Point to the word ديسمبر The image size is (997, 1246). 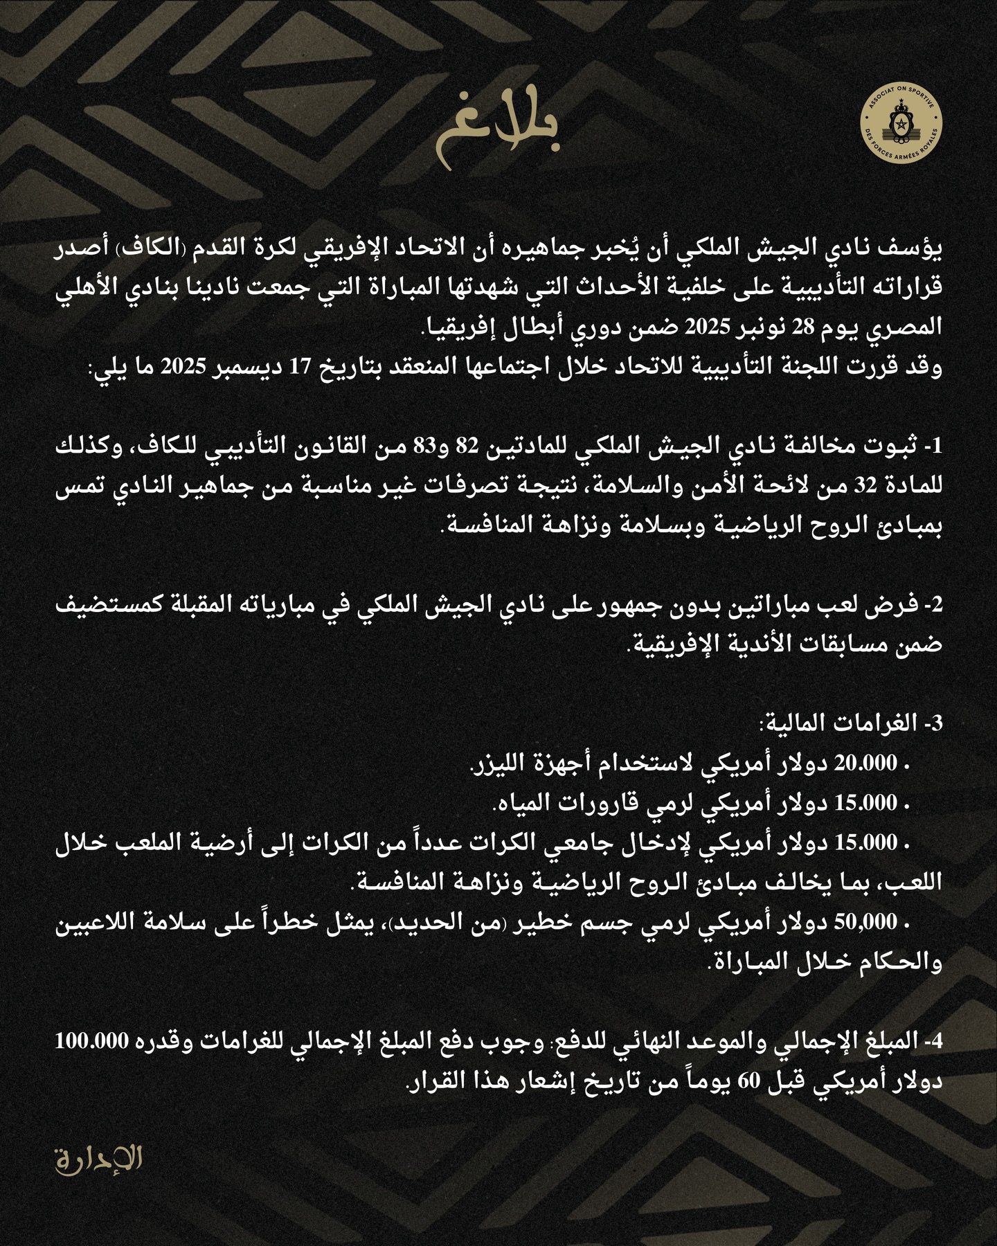[235, 369]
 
